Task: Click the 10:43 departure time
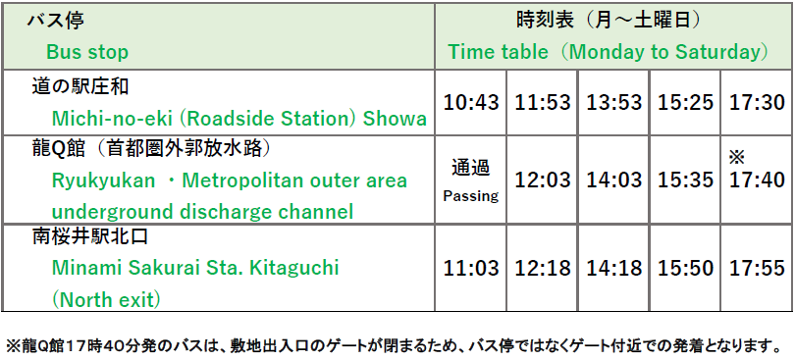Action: coord(471,103)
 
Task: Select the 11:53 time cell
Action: coord(543,103)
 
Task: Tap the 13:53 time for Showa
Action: coord(614,103)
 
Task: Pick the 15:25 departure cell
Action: coord(685,103)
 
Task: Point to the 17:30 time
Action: coord(757,103)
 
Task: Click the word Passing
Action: coord(471,196)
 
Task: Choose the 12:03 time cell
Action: coord(543,180)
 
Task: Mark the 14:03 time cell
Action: coord(614,180)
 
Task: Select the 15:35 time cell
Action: coord(685,180)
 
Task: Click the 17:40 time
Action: coord(757,180)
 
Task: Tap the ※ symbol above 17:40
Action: coord(737,158)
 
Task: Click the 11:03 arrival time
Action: coord(471,268)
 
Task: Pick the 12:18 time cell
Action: coord(543,268)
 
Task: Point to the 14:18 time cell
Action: coord(614,268)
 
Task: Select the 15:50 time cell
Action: coord(685,268)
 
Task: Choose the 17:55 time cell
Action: coord(757,268)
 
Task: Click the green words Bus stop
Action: coord(87,52)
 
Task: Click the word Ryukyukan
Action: coord(103,181)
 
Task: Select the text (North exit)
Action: coord(106,299)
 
